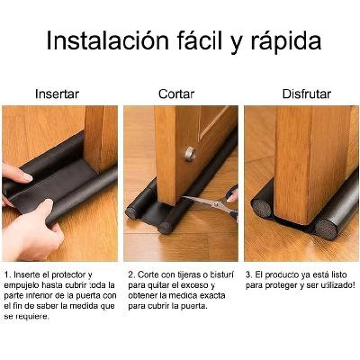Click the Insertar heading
pos(57,94)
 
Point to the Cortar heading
pos(176,94)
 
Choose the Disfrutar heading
pos(307,94)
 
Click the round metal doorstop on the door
pos(190,154)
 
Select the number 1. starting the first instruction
pos(7,274)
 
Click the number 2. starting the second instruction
pos(131,274)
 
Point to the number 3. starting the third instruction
pos(249,274)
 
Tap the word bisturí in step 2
pos(221,275)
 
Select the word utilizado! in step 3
pos(337,285)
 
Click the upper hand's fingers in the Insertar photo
pos(16,173)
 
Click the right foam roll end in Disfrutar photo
pos(326,229)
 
